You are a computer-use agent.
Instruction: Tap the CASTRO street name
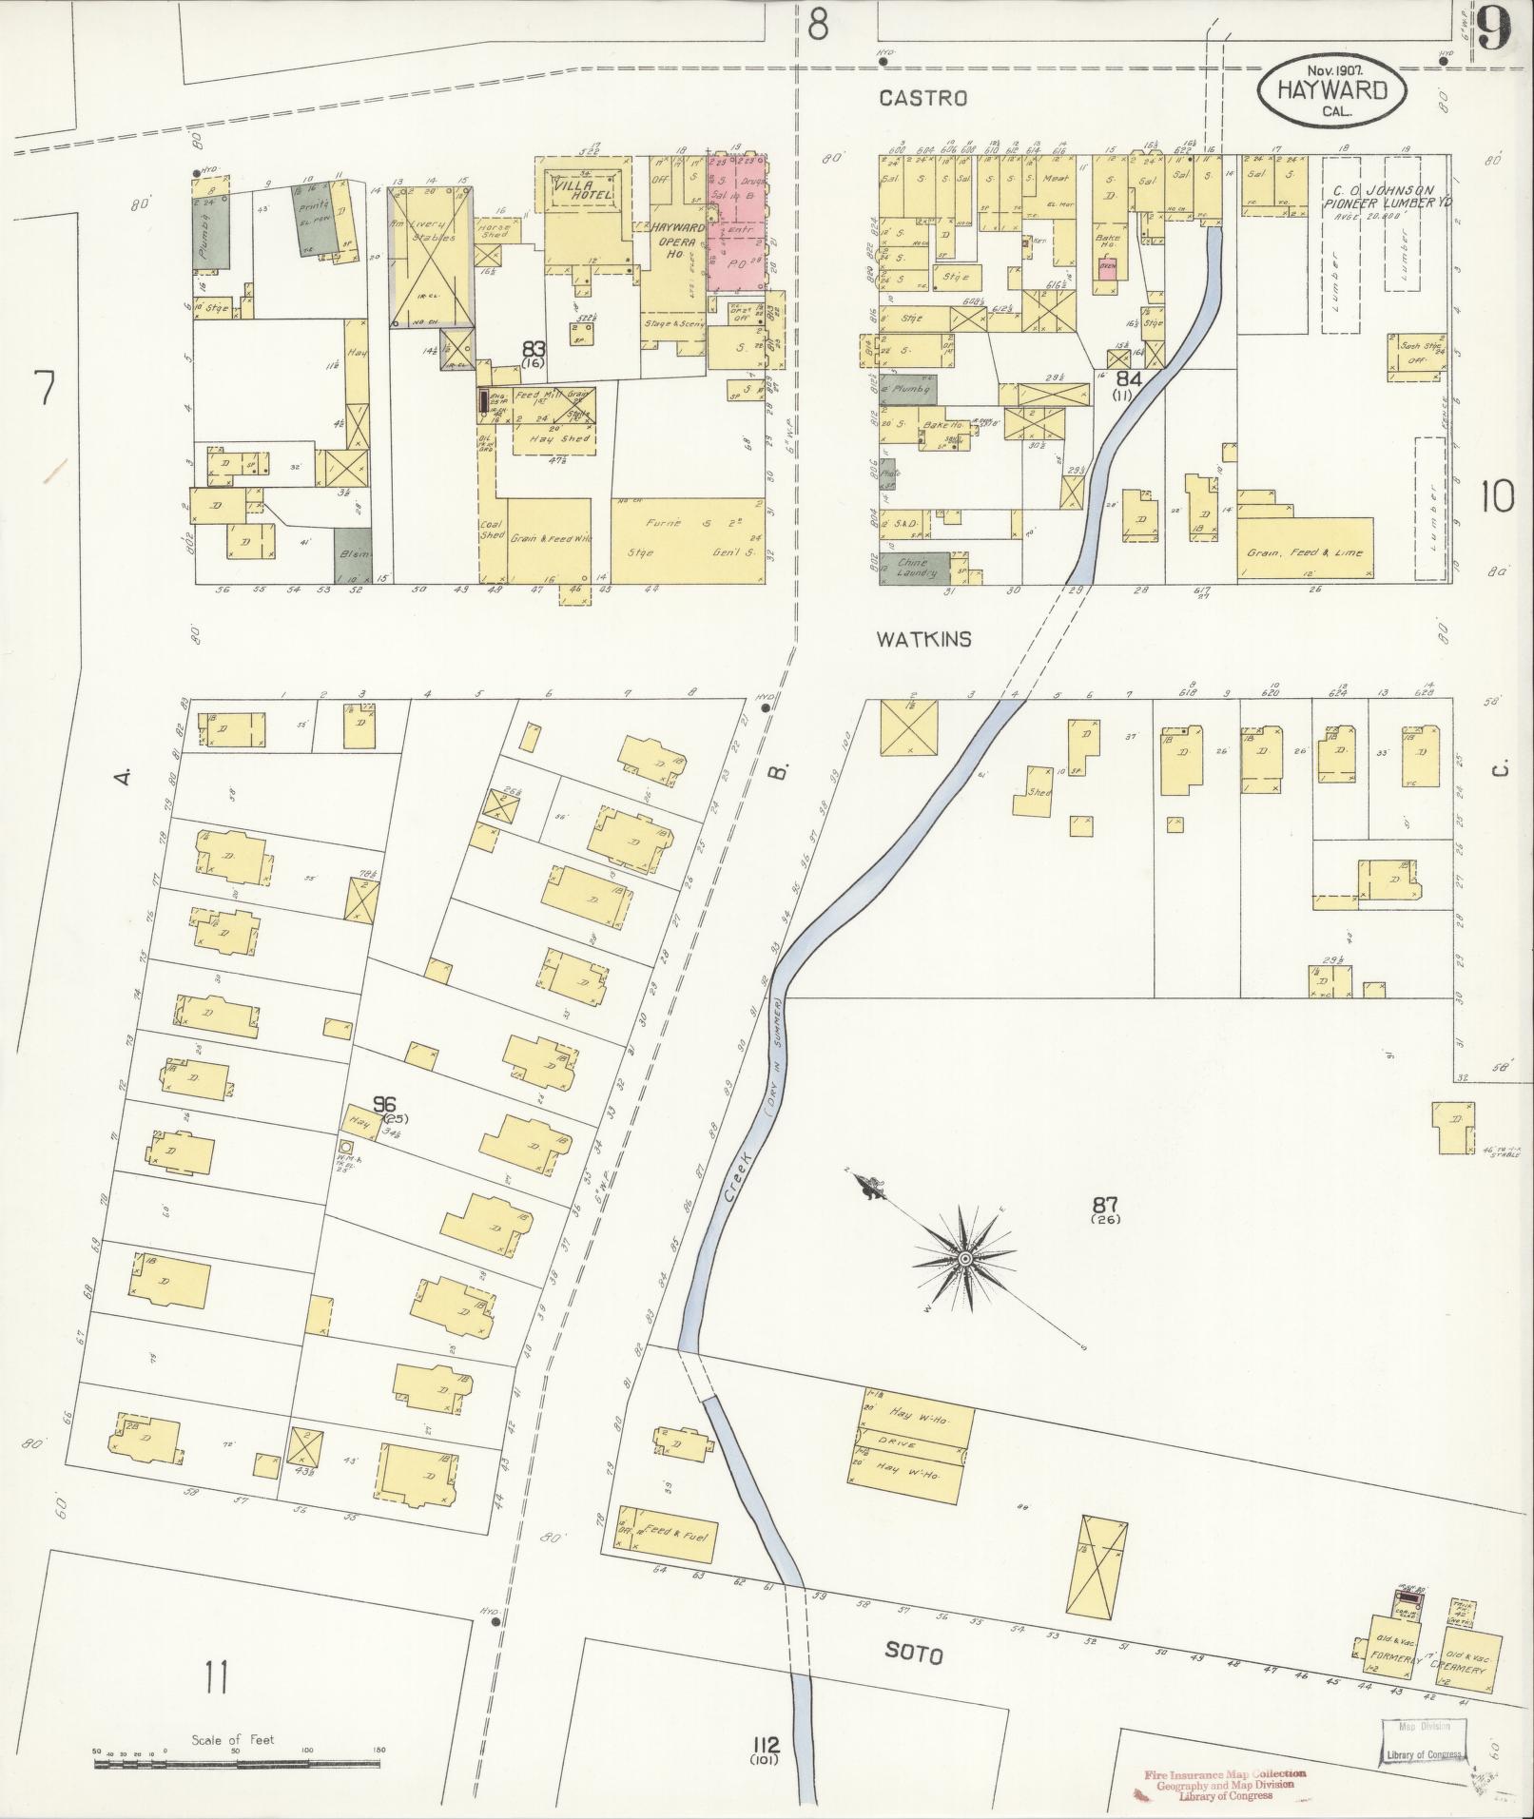(922, 98)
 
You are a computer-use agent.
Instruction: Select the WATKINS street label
(923, 639)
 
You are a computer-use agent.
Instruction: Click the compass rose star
(965, 1259)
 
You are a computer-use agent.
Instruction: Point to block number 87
(1104, 1208)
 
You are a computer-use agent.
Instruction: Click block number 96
(384, 1104)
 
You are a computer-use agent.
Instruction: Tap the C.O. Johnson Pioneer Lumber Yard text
(1388, 197)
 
